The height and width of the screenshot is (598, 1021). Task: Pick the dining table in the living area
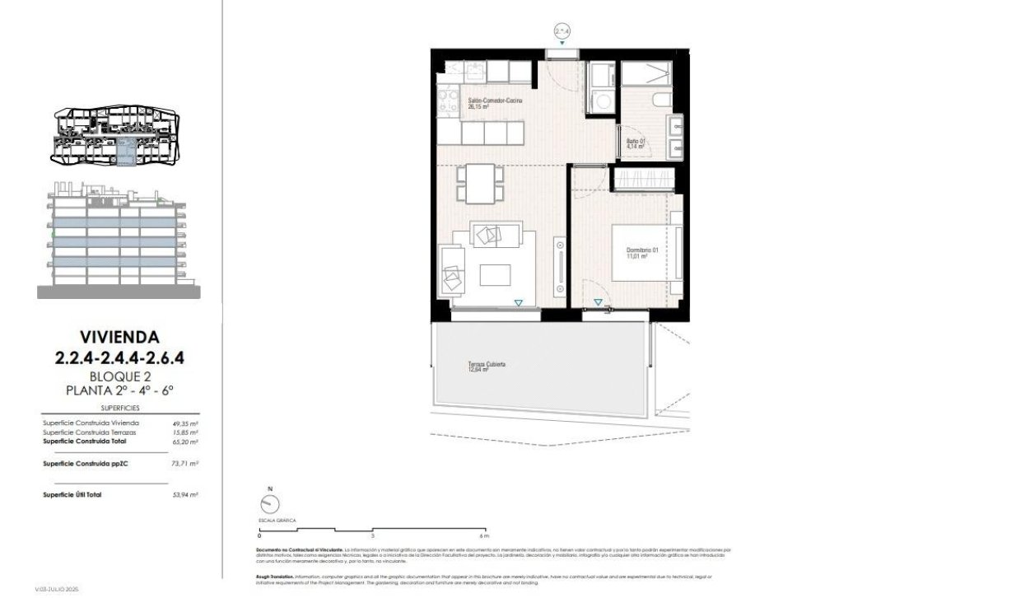click(x=480, y=184)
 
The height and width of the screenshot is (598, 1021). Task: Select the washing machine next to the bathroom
click(x=602, y=102)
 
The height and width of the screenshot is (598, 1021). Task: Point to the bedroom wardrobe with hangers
click(x=645, y=179)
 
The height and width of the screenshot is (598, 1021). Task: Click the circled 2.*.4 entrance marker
click(x=562, y=31)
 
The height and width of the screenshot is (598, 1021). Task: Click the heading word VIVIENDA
click(x=119, y=336)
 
